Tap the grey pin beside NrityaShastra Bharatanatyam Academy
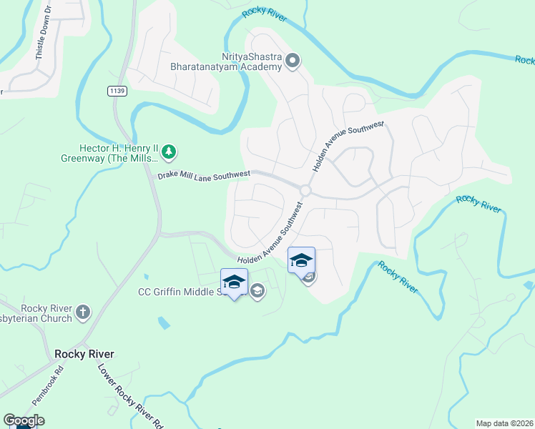tap(292, 61)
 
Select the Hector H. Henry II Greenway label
tap(118, 152)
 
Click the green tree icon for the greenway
tap(168, 152)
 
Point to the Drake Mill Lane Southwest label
tap(204, 174)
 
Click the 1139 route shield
tap(117, 91)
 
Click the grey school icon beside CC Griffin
tap(257, 291)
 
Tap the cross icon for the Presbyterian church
tap(83, 312)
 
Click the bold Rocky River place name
tap(84, 354)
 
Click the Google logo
tap(24, 420)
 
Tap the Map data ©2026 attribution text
tap(504, 423)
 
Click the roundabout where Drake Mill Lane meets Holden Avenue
tap(305, 190)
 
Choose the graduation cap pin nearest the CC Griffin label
tap(234, 283)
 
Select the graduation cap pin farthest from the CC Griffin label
tap(301, 261)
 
